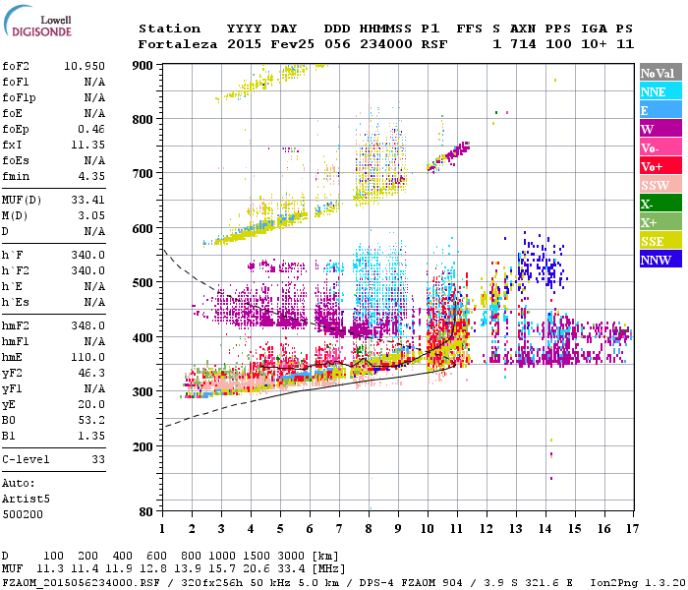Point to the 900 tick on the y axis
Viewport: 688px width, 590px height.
[143, 65]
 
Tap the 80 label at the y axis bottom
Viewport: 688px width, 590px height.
[146, 512]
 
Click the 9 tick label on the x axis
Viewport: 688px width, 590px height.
[398, 529]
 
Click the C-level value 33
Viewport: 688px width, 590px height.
[97, 459]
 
